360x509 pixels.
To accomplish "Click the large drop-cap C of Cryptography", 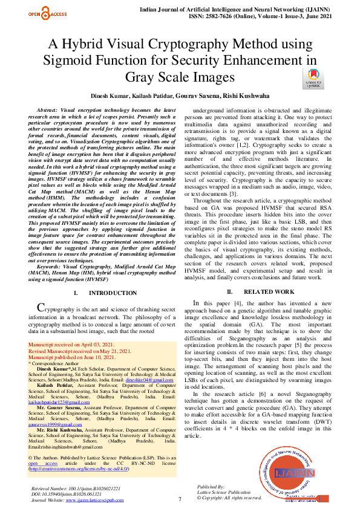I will click(x=41, y=309).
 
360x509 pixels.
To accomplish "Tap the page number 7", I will click(x=180, y=499).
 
